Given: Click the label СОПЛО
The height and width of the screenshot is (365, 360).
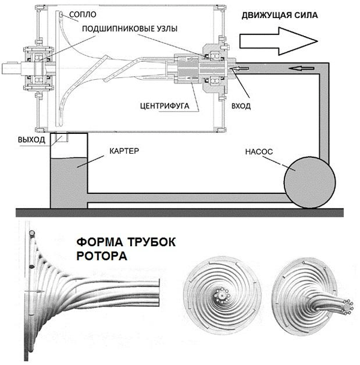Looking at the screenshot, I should pos(82,13).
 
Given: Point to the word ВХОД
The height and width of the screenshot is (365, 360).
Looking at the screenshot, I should pos(239,106).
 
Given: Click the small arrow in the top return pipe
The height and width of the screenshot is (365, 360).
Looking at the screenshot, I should pos(296,67).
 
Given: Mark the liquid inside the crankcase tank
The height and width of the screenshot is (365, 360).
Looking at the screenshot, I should pos(67,180).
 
